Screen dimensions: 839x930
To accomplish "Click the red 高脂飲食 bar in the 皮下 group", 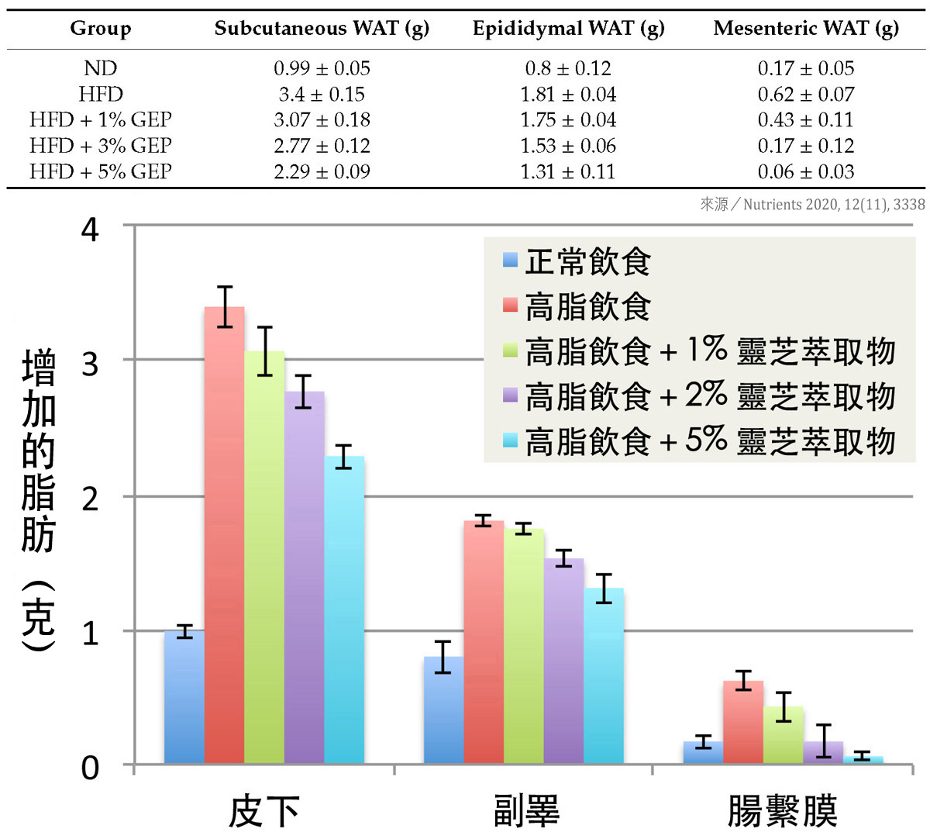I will point(224,535).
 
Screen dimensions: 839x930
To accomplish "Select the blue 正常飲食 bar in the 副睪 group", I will point(443,710).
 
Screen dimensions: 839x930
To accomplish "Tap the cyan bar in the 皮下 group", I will point(344,609).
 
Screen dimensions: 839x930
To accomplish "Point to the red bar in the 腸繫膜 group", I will point(743,722).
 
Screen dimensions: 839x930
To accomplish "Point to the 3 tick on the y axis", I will point(91,362).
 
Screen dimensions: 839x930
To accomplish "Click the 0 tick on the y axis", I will point(91,768).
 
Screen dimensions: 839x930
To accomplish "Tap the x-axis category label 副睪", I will point(527,811).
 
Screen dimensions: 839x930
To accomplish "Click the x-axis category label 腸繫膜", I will point(782,811).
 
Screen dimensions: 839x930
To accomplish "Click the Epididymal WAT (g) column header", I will point(568,29).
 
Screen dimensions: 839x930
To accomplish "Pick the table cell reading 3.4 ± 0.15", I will point(322,95).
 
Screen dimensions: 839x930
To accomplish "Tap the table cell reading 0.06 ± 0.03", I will point(806,171).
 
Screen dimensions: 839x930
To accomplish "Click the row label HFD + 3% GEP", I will point(101,146).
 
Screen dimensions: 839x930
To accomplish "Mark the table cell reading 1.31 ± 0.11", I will point(568,171).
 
